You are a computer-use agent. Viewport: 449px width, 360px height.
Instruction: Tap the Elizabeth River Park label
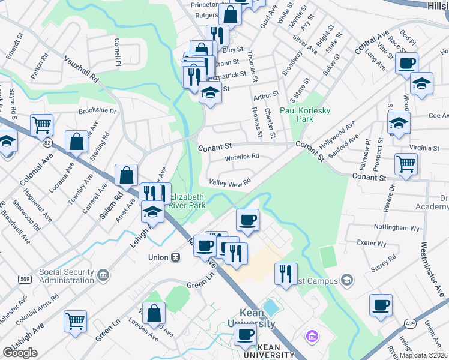tap(188, 201)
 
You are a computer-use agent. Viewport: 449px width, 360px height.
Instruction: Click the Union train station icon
tap(176, 257)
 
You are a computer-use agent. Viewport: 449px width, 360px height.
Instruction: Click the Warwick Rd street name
tap(241, 157)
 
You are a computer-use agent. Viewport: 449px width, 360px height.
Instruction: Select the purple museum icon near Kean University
tap(311, 334)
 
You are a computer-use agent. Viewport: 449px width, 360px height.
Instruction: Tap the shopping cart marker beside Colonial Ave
tap(41, 124)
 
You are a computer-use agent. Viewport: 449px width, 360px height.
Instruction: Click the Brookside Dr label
tap(97, 111)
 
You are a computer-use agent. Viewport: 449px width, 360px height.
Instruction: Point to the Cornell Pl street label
tap(118, 52)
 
